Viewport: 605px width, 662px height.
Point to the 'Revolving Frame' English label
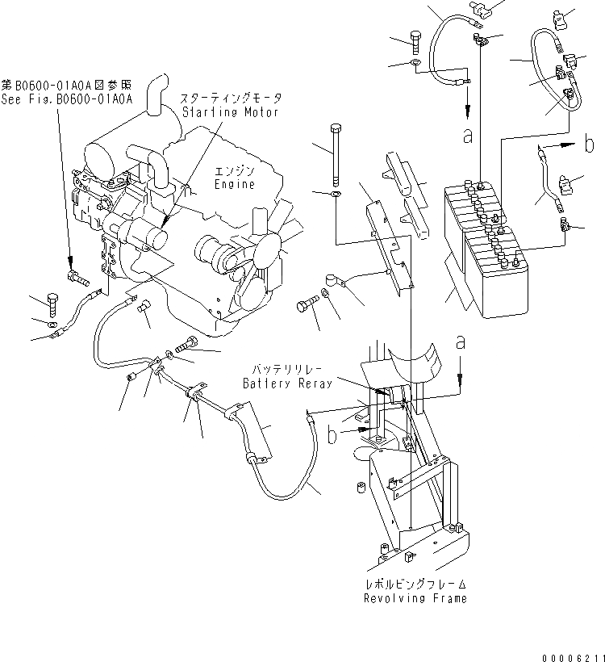pos(415,598)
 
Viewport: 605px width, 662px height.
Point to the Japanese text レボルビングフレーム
pos(415,584)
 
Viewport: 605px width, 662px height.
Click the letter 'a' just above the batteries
pos(467,136)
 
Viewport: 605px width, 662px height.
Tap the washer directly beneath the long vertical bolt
pos(336,195)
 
